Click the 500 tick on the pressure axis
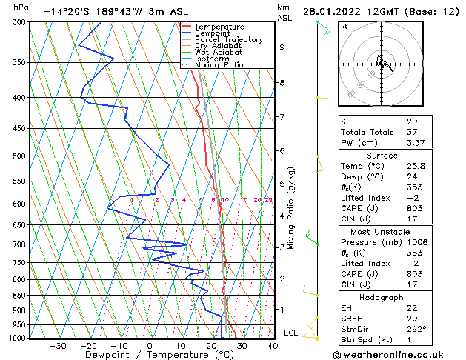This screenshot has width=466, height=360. (21, 156)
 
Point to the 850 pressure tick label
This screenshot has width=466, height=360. (21, 296)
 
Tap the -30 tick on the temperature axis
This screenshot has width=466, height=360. (57, 345)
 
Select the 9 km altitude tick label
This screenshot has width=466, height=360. (282, 47)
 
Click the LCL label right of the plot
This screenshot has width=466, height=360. (290, 333)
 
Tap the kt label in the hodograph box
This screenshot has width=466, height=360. (344, 27)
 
